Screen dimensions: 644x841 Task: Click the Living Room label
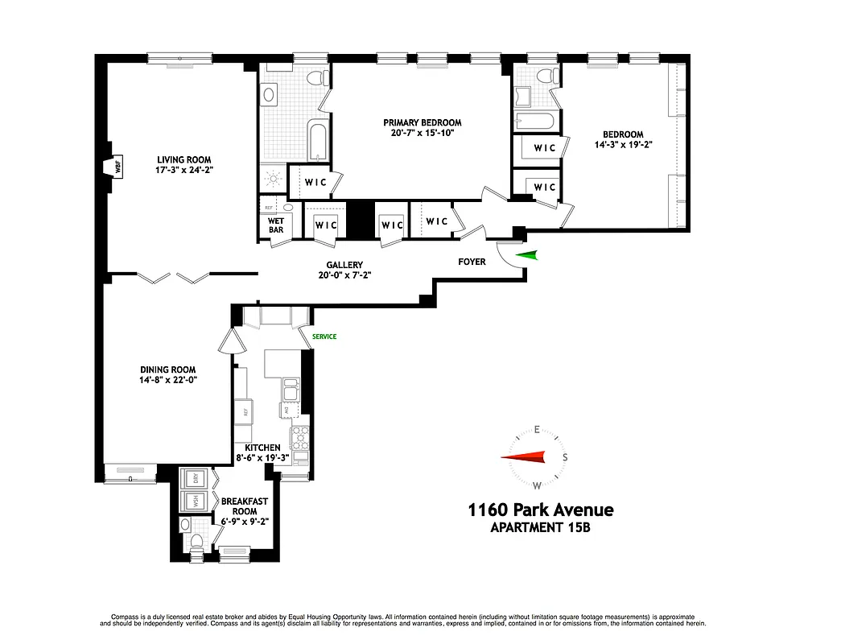pyautogui.click(x=184, y=159)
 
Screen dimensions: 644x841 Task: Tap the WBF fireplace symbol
pyautogui.click(x=117, y=168)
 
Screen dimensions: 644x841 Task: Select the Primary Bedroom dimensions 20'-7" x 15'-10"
pyautogui.click(x=422, y=134)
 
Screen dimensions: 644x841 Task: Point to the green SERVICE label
pyautogui.click(x=324, y=336)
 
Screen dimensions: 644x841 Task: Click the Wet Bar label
pyautogui.click(x=275, y=225)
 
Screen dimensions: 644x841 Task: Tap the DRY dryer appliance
pyautogui.click(x=194, y=477)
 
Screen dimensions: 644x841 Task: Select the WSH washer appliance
pyautogui.click(x=194, y=501)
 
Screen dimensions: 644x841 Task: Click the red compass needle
pyautogui.click(x=523, y=457)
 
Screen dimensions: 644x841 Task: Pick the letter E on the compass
pyautogui.click(x=536, y=430)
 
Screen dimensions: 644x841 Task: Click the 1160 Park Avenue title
pyautogui.click(x=541, y=510)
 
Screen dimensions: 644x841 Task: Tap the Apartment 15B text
pyautogui.click(x=541, y=528)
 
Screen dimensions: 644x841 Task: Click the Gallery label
pyautogui.click(x=344, y=265)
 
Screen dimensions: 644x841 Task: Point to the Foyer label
pyautogui.click(x=472, y=262)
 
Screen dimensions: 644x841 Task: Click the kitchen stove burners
pyautogui.click(x=299, y=439)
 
